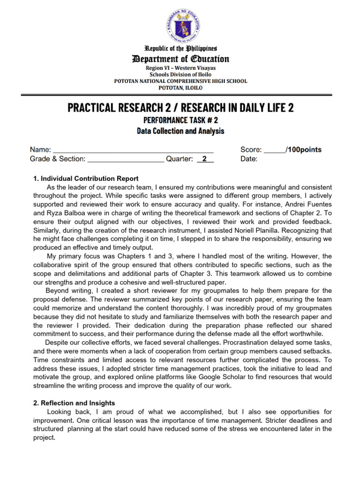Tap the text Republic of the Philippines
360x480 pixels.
coord(180,49)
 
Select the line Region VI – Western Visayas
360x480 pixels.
coord(180,67)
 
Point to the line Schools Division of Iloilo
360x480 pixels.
coord(180,74)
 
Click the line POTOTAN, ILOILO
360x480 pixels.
coord(180,88)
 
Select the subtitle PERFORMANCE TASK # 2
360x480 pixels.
coord(180,120)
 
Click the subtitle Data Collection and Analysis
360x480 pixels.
coord(180,131)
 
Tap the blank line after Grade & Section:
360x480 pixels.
coord(126,160)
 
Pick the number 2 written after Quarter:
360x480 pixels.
coord(204,159)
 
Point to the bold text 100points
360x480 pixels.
coord(304,150)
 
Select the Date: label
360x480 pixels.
coord(249,159)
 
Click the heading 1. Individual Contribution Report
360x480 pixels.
coord(86,179)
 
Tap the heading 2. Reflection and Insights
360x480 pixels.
coord(74,403)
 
